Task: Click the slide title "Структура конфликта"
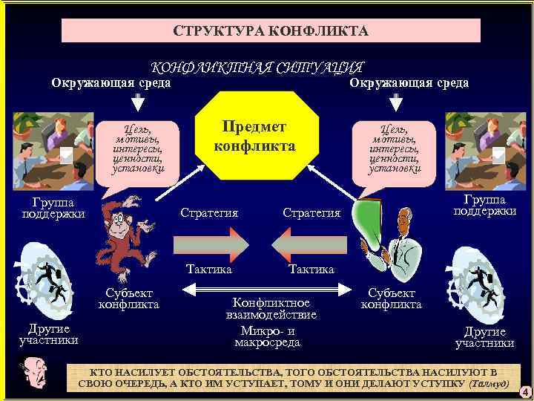pyautogui.click(x=271, y=31)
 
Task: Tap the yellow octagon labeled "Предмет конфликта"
pyautogui.click(x=254, y=136)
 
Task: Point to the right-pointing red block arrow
pyautogui.click(x=211, y=241)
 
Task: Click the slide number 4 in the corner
pyautogui.click(x=524, y=391)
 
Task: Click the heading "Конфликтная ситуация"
pyautogui.click(x=257, y=68)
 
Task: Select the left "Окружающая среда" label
pyautogui.click(x=111, y=82)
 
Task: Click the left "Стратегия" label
pyautogui.click(x=209, y=213)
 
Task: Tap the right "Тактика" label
pyautogui.click(x=311, y=269)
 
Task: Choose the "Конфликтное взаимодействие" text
pyautogui.click(x=271, y=309)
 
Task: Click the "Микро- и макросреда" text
pyautogui.click(x=268, y=336)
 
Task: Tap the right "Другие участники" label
pyautogui.click(x=484, y=337)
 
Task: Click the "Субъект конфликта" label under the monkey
pyautogui.click(x=129, y=299)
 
